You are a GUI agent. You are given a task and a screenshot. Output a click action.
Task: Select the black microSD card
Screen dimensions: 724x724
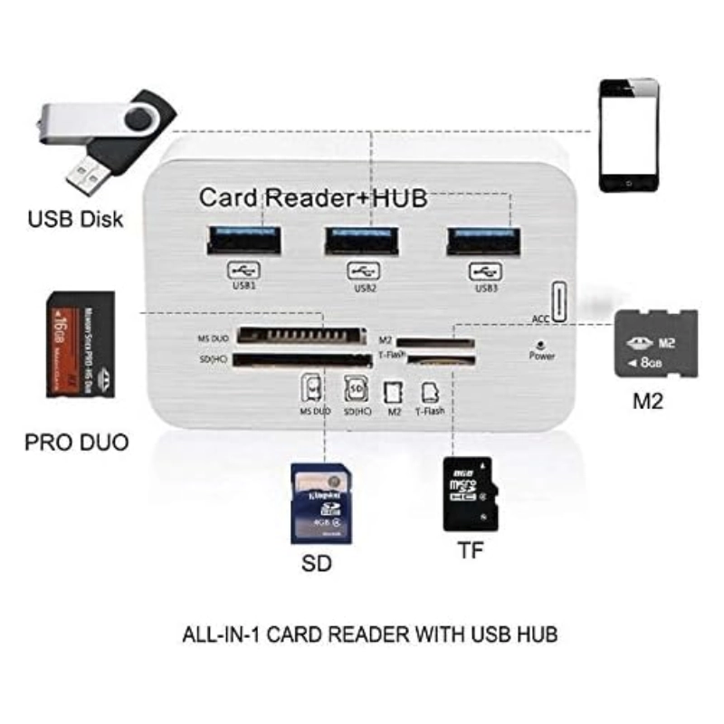(471, 493)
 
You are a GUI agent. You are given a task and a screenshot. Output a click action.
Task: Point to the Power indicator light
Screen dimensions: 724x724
(540, 345)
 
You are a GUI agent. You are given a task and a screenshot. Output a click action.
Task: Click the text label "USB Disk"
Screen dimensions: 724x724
(75, 219)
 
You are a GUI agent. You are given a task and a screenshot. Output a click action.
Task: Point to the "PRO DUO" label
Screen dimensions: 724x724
(76, 443)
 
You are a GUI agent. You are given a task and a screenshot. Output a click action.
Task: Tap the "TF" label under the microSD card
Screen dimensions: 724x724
(471, 551)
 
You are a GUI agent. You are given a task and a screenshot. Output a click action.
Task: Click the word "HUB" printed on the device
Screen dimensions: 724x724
(392, 196)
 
